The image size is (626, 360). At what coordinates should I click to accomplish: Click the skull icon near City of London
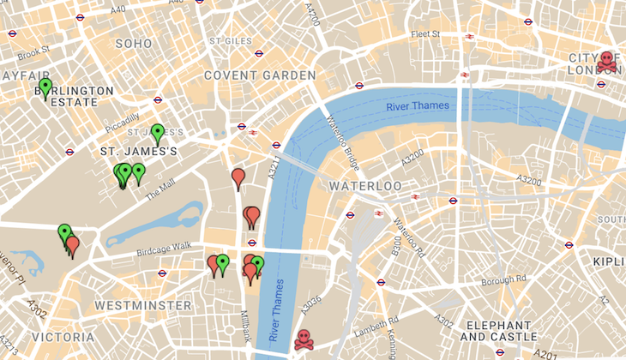[607, 61]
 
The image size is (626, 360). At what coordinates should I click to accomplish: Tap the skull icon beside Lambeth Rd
[304, 339]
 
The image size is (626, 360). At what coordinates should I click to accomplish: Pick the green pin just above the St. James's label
[157, 133]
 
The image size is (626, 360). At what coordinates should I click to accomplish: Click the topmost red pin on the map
[238, 177]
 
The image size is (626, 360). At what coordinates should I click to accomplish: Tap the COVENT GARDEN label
[260, 75]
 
